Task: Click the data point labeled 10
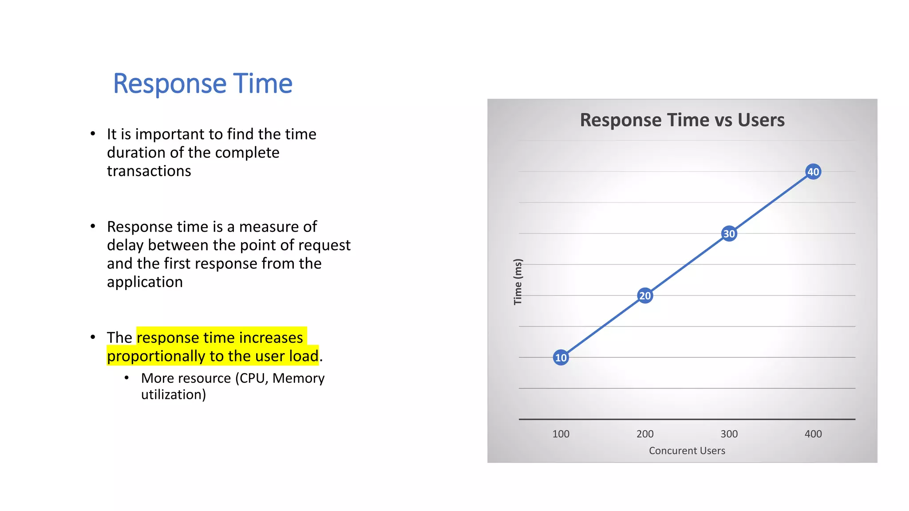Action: click(561, 358)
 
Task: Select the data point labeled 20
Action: click(645, 295)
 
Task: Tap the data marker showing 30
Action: click(729, 234)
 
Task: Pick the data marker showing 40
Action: click(813, 172)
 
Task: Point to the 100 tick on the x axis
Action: click(561, 434)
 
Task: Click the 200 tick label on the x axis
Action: click(645, 434)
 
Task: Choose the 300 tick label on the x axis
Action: click(729, 434)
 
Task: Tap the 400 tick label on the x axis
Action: click(813, 434)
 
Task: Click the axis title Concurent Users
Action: click(687, 451)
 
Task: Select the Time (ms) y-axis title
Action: click(518, 282)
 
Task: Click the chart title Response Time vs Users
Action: click(682, 120)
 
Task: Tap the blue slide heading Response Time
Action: click(203, 83)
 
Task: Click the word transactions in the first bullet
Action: click(149, 171)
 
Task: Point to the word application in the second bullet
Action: click(145, 282)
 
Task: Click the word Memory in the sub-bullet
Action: click(298, 378)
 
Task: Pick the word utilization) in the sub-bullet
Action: click(173, 395)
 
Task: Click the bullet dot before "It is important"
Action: click(93, 134)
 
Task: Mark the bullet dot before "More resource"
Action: click(126, 378)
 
